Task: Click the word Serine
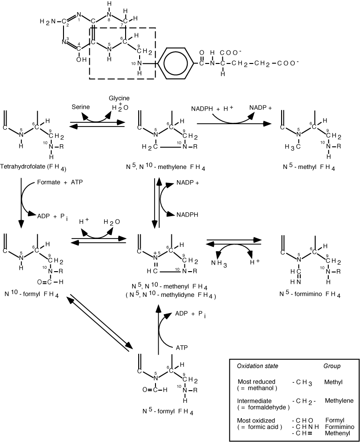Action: [x=80, y=107]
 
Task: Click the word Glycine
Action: [x=119, y=99]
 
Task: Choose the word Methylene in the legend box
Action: [x=339, y=400]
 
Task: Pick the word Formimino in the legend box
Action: [x=339, y=426]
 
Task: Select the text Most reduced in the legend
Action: [x=256, y=382]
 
